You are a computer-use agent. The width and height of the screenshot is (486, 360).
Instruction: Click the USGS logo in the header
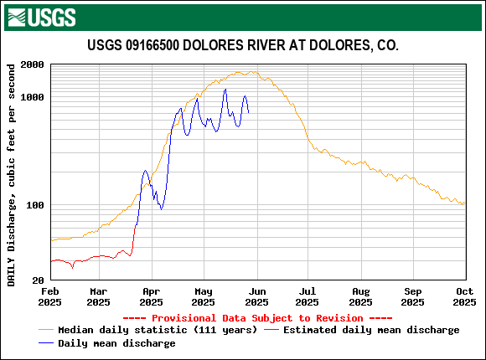coord(41,16)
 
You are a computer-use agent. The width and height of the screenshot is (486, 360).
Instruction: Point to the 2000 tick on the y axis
coord(33,64)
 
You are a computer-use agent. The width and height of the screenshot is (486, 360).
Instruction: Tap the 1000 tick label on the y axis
coord(33,97)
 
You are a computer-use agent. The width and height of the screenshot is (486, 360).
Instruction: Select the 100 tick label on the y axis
coord(36,205)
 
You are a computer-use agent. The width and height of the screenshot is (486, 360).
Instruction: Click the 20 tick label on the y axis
coord(39,280)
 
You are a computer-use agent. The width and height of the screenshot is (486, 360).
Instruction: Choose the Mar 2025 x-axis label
coord(98,296)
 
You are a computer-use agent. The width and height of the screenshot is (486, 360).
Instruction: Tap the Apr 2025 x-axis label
coord(151,296)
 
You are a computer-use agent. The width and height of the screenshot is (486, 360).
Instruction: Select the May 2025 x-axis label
coord(202,296)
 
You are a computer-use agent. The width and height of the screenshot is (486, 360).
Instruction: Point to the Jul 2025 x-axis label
coord(307,296)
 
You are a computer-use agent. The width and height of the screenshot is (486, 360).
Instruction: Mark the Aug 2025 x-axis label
coord(359,296)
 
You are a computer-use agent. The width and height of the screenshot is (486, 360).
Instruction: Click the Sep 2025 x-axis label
coord(412,296)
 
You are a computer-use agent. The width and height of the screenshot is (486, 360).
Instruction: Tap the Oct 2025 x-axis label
coord(464,296)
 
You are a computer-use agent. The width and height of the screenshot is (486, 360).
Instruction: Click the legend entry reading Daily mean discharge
coord(116,343)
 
